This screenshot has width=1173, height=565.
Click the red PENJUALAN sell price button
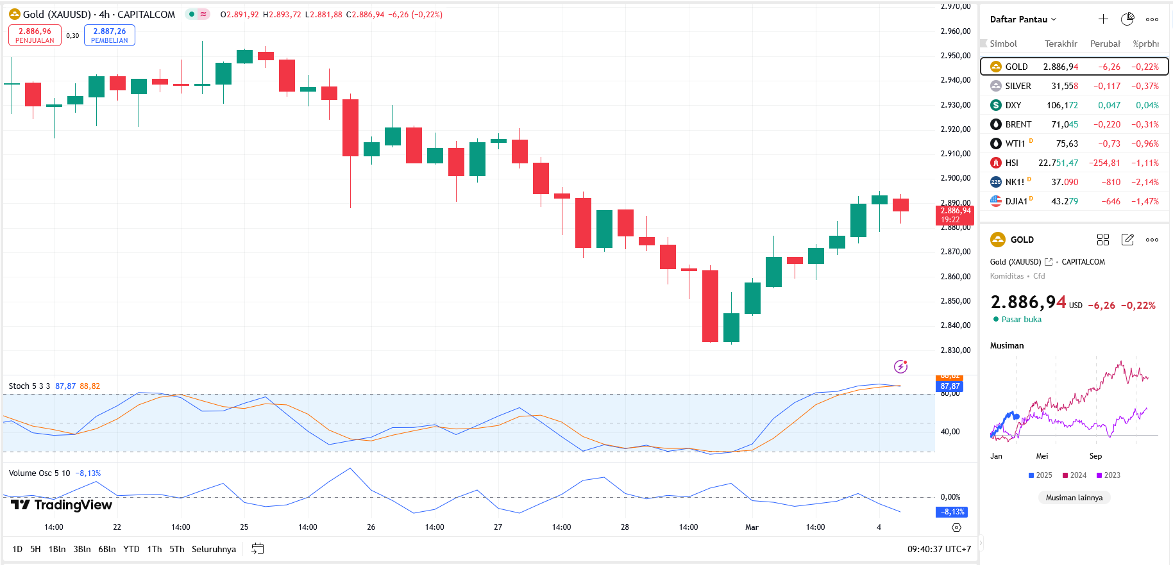tap(35, 35)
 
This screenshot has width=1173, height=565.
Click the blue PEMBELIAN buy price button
tap(110, 35)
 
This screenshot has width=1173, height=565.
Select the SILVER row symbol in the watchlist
tap(1018, 86)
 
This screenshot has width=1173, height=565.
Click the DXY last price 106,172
tap(1062, 105)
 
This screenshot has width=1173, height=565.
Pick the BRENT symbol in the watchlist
tap(1018, 124)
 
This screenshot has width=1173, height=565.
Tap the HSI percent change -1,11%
tap(1145, 163)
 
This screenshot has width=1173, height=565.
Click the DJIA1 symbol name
tap(1016, 201)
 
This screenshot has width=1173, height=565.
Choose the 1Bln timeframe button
tap(57, 549)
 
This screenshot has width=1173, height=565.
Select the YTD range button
tap(131, 549)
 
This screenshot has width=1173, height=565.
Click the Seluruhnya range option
tap(214, 549)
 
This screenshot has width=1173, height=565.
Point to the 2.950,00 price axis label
tap(955, 56)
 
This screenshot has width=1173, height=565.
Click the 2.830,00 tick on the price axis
tap(955, 350)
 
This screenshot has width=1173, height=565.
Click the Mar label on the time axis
tap(752, 527)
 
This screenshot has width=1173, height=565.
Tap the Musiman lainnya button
tap(1074, 498)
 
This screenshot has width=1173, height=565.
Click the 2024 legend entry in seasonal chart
tap(1075, 475)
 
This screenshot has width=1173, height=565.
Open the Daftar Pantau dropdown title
tap(1022, 19)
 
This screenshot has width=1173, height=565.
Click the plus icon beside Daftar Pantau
tap(1103, 19)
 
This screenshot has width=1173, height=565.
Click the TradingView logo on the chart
tap(62, 505)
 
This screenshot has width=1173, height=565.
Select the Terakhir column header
tap(1061, 44)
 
